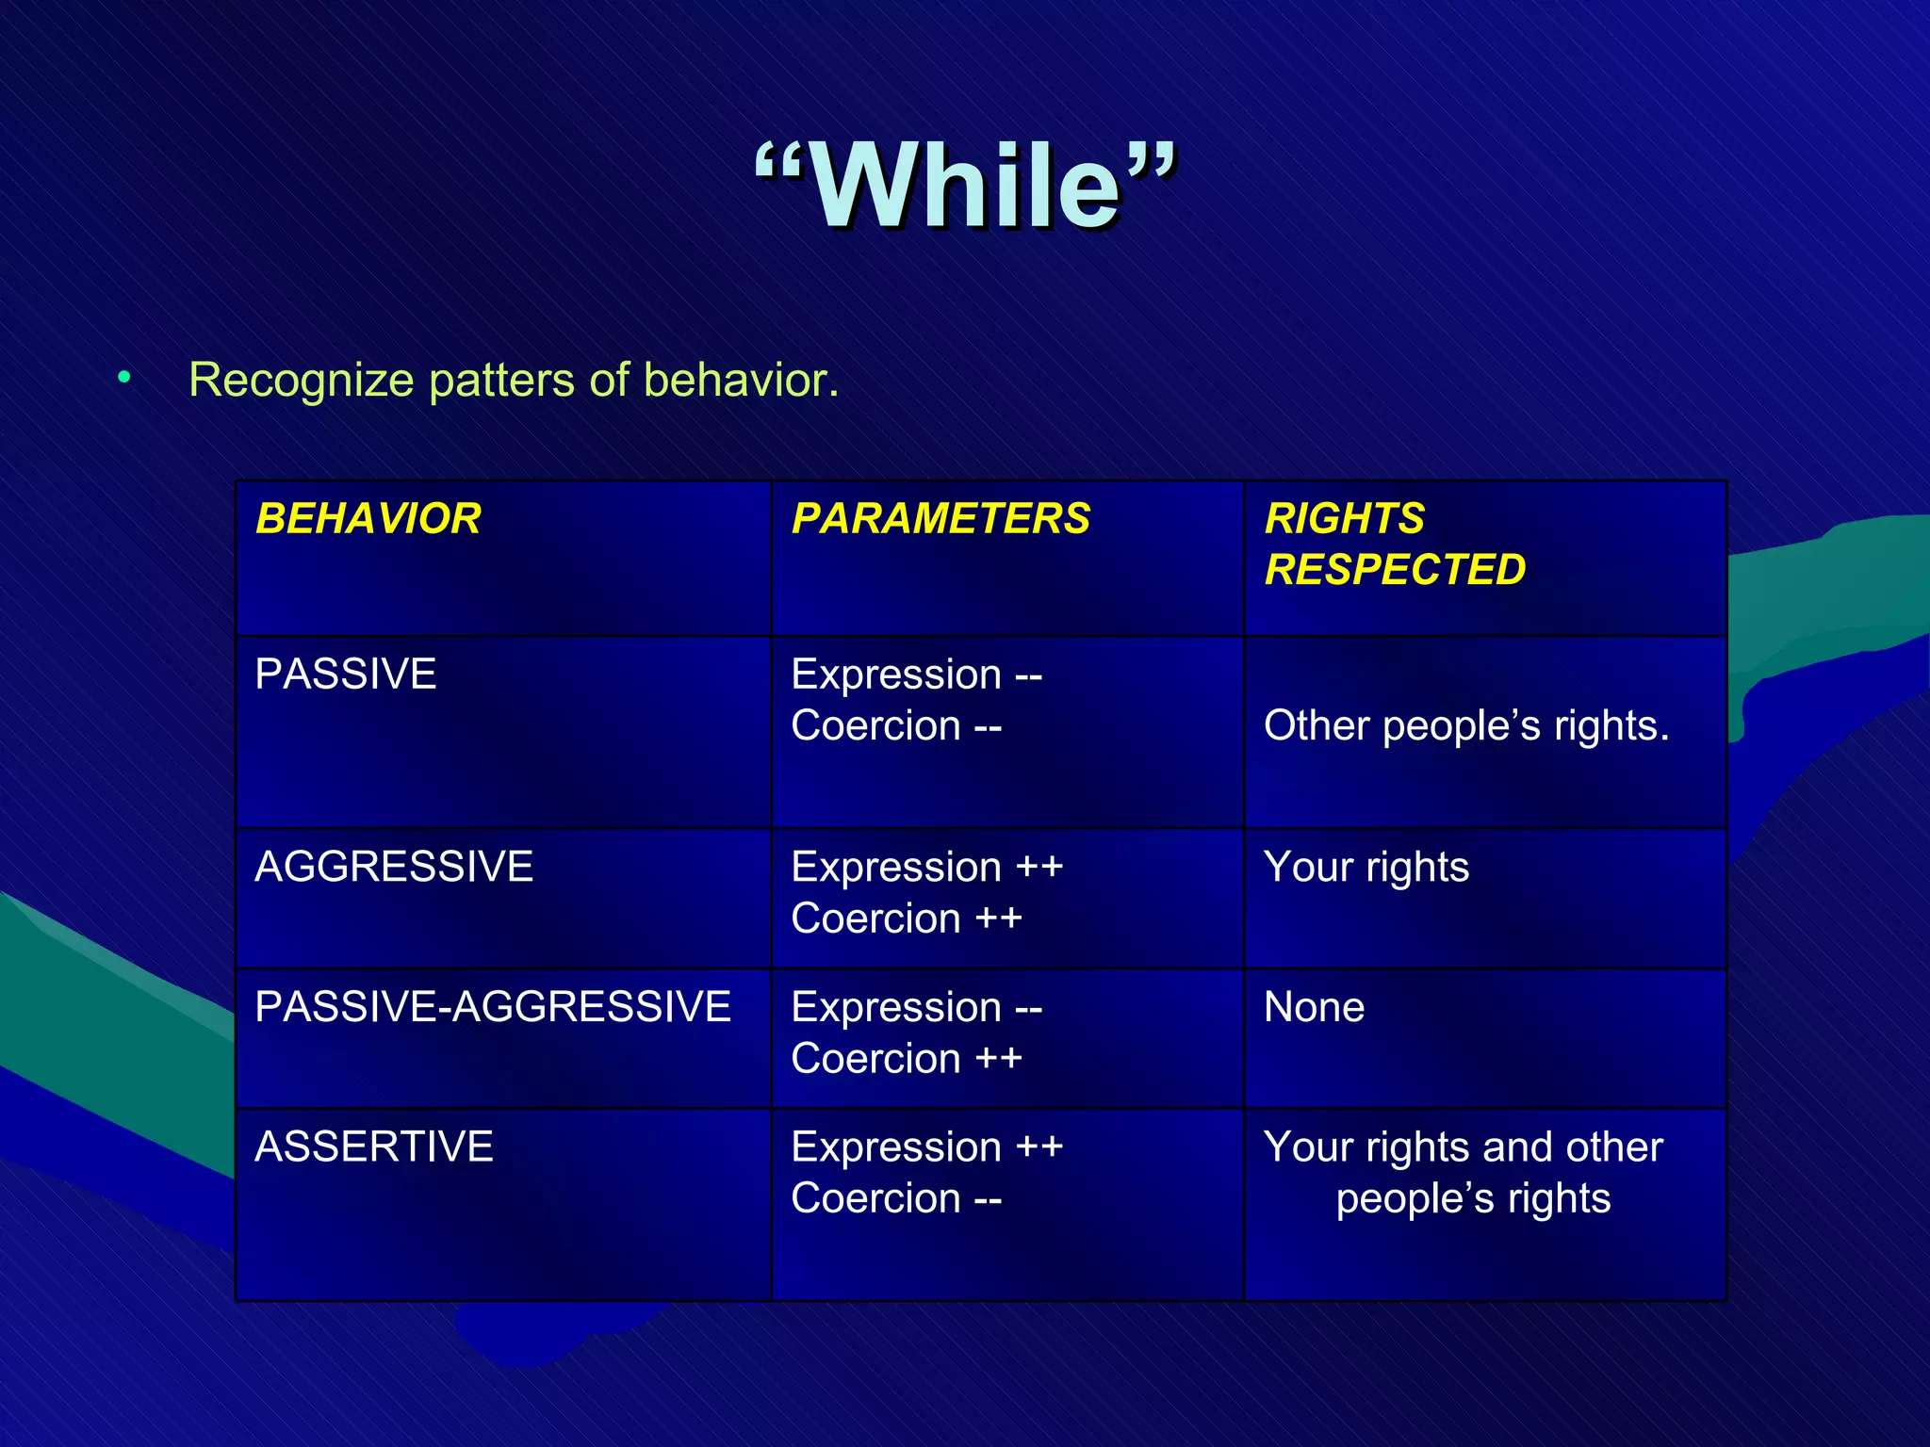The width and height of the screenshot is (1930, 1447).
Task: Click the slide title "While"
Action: point(965,186)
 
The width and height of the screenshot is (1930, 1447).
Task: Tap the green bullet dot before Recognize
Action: point(124,378)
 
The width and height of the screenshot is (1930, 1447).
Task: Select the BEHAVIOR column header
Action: point(368,519)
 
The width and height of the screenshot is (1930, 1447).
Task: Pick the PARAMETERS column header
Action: point(940,519)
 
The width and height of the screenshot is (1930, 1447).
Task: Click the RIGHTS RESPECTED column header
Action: point(1394,545)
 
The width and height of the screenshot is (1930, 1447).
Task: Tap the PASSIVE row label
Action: point(346,675)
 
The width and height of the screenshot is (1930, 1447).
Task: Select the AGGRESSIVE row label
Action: point(394,867)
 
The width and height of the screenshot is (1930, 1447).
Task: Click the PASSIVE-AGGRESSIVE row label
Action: point(493,1007)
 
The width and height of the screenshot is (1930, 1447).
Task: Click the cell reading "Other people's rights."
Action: point(1466,726)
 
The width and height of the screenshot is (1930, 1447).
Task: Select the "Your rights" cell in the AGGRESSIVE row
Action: point(1366,867)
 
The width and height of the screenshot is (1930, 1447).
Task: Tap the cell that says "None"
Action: point(1314,1007)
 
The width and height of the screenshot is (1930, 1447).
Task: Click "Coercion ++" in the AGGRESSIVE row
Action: point(907,919)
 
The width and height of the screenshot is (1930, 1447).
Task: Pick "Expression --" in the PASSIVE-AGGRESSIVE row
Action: point(916,1007)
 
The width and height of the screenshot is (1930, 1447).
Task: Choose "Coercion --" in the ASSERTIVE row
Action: point(896,1199)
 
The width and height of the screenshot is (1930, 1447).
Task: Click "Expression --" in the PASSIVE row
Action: point(916,675)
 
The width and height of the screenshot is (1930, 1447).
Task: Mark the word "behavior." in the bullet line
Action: point(741,381)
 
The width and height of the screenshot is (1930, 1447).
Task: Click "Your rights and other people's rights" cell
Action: point(1464,1173)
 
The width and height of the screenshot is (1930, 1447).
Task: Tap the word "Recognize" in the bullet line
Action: point(302,381)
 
